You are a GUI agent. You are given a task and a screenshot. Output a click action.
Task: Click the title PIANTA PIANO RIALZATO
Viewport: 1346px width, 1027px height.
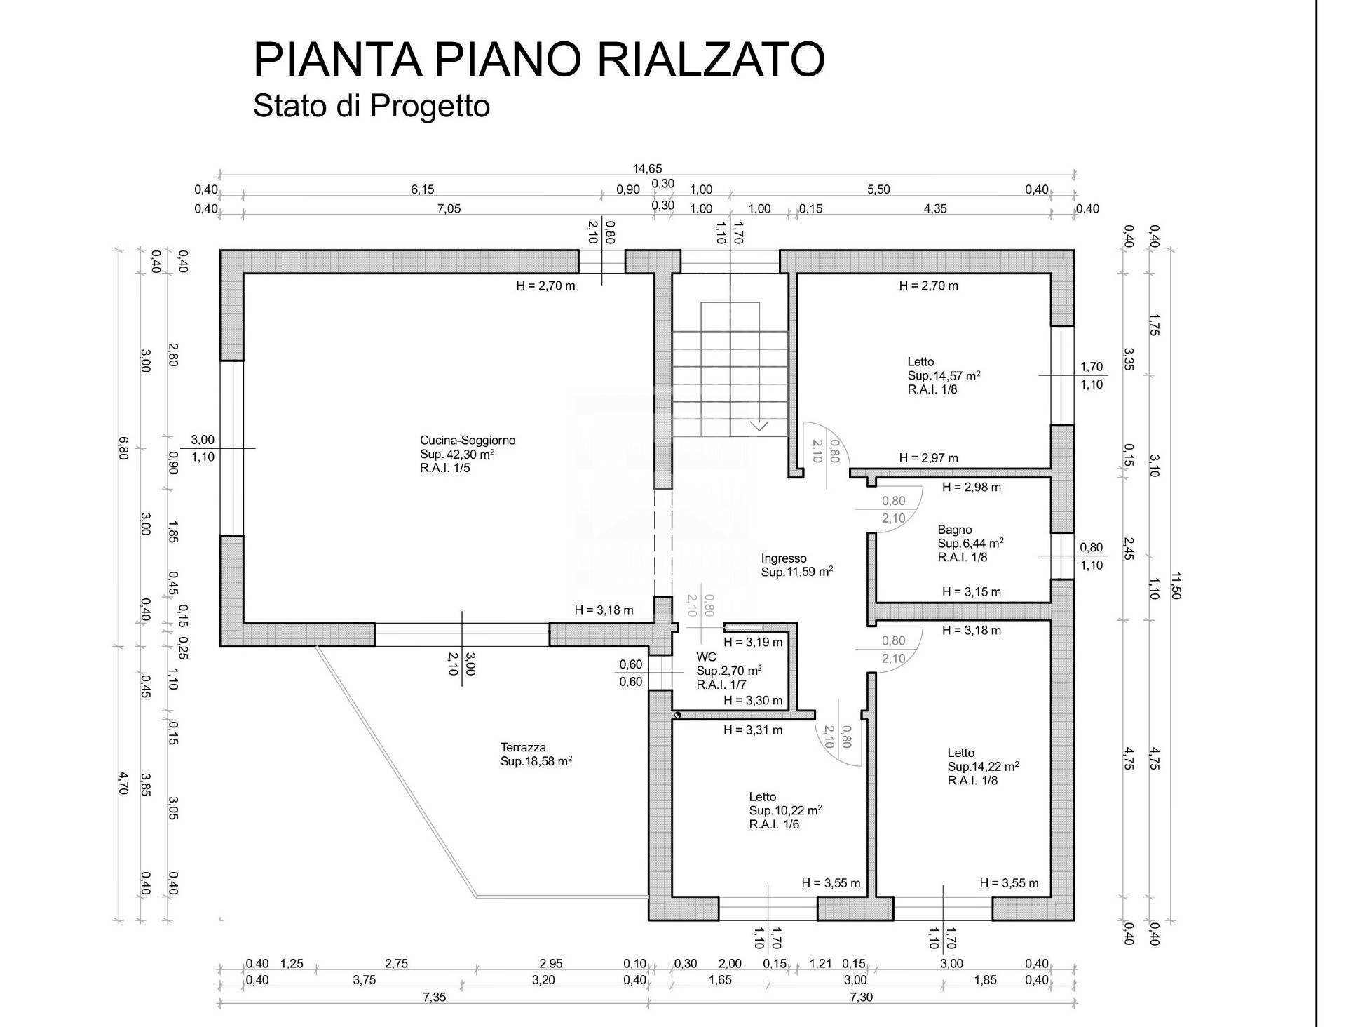click(538, 60)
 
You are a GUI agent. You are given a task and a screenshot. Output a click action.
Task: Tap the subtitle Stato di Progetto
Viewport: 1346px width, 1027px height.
click(371, 106)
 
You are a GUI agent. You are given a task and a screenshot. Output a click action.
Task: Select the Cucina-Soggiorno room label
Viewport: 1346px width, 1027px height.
click(468, 441)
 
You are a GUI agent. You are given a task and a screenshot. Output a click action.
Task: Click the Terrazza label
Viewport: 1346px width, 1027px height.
click(523, 747)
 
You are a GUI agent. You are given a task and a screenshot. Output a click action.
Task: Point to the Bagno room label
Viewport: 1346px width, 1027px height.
click(955, 530)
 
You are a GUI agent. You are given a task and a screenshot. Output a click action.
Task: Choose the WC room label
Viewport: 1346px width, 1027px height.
click(706, 657)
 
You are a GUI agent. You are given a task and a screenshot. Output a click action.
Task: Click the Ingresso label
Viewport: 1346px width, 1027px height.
click(784, 558)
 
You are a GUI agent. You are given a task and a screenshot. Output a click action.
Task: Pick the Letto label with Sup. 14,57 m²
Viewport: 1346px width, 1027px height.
click(920, 362)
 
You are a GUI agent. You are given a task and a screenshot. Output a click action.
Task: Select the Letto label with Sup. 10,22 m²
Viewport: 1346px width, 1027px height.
click(762, 797)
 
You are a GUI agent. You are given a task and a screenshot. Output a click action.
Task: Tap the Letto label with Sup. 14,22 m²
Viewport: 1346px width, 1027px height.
click(960, 753)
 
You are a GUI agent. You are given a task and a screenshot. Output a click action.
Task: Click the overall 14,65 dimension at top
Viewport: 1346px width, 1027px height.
click(647, 168)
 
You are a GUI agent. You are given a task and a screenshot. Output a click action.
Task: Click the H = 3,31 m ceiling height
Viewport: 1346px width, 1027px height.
click(753, 730)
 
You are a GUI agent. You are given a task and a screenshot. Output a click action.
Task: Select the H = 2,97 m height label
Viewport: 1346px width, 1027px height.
click(928, 458)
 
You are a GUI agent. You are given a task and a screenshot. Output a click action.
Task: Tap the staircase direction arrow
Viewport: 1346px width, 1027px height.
click(759, 426)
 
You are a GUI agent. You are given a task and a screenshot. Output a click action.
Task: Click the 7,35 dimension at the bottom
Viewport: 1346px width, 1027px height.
click(434, 997)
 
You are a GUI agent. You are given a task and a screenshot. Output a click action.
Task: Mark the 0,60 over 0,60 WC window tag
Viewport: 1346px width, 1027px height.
click(630, 673)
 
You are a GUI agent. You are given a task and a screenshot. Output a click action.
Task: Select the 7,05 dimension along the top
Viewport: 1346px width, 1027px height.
click(449, 208)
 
